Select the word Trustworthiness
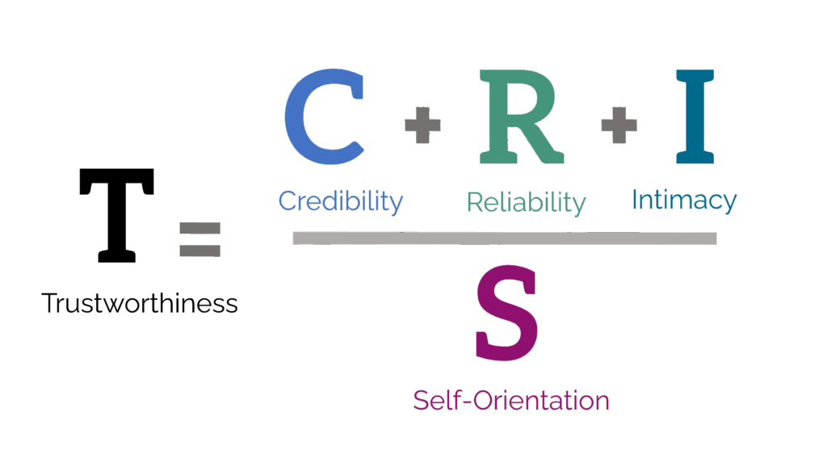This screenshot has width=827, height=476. (139, 304)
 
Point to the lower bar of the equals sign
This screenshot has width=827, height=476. (199, 251)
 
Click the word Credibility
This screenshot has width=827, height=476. (340, 200)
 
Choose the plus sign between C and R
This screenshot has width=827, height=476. (422, 128)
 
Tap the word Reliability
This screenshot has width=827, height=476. (525, 202)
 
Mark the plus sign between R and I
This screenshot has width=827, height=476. (618, 127)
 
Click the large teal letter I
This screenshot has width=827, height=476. (694, 117)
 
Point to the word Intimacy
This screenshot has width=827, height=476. (683, 200)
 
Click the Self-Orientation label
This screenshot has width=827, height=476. (510, 399)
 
